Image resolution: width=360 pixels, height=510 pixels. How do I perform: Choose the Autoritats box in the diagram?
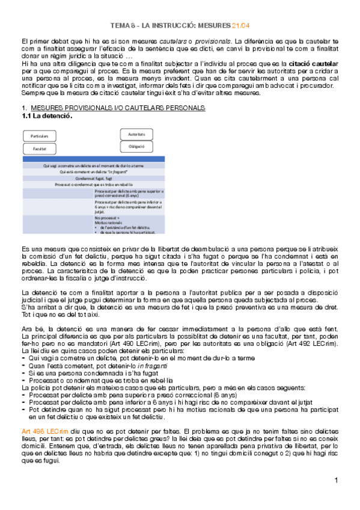[x=141, y=134]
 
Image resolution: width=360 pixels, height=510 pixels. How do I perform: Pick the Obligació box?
[x=141, y=146]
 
